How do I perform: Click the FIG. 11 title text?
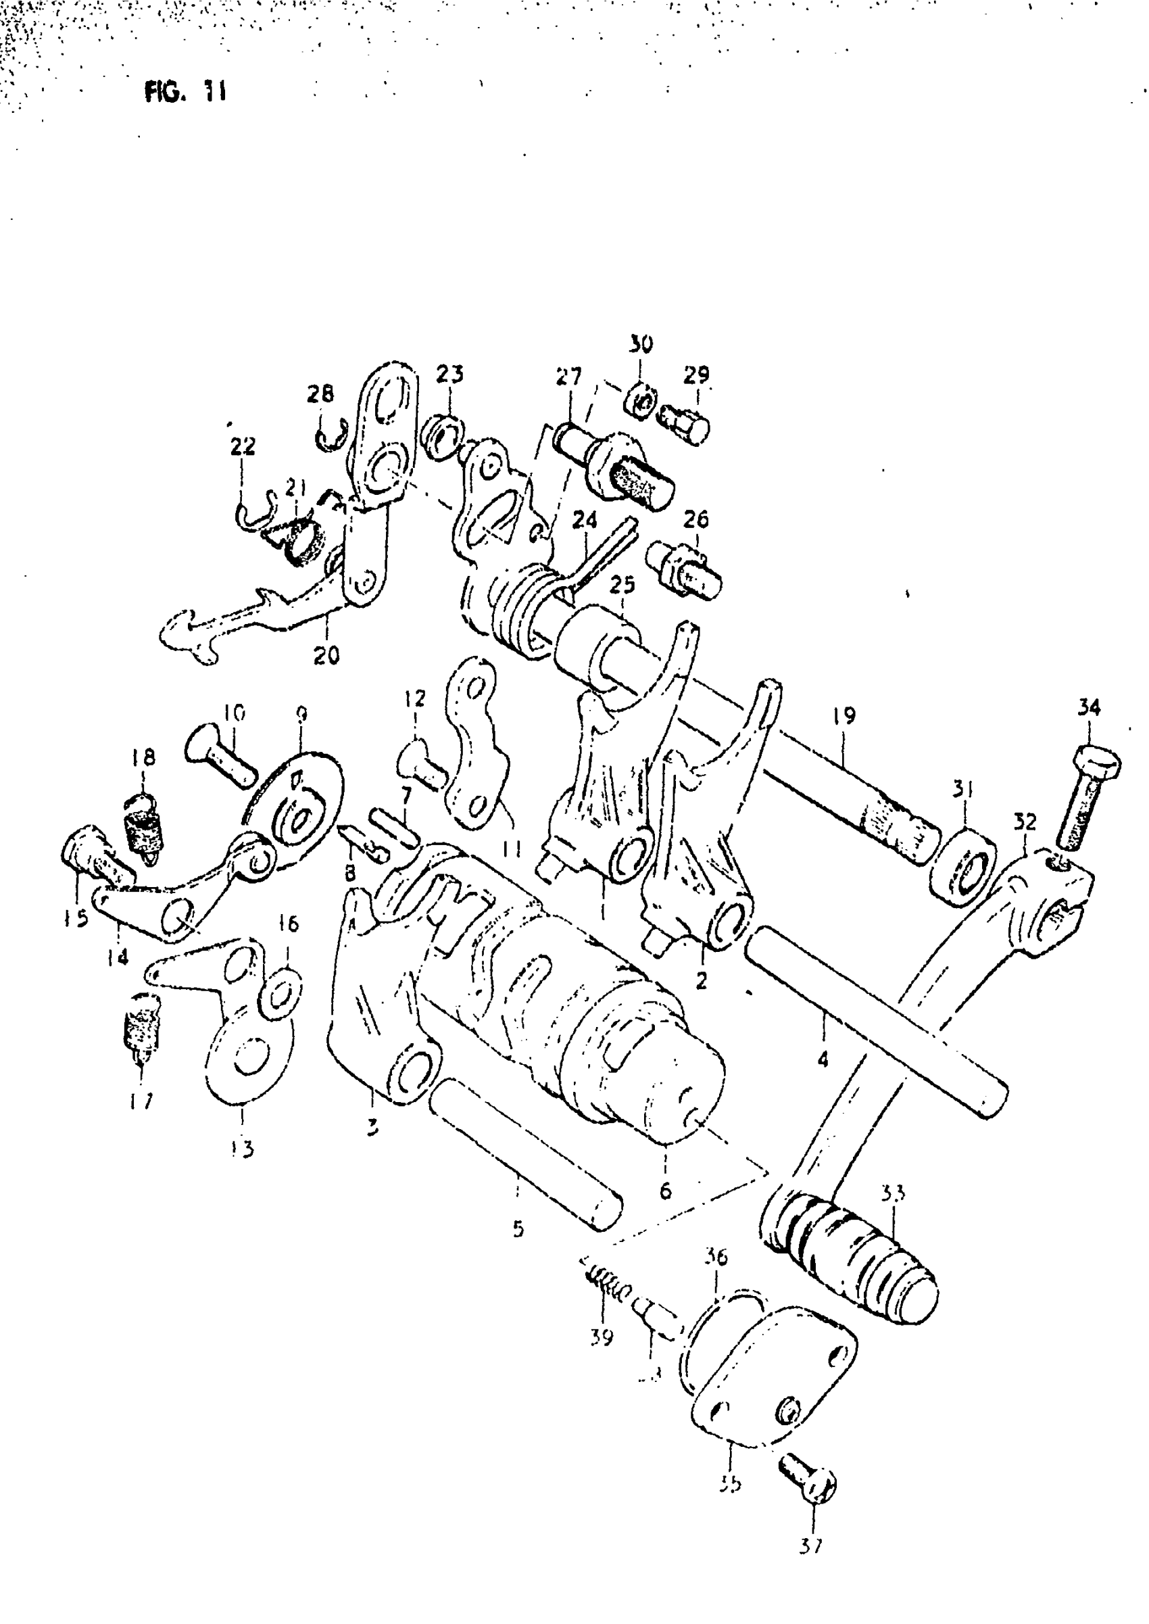coord(185,92)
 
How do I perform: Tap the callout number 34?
coord(1089,707)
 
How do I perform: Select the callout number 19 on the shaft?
coord(844,715)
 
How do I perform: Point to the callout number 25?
coord(622,586)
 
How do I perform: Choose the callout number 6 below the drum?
coord(665,1191)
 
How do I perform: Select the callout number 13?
coord(242,1149)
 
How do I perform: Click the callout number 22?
coord(243,447)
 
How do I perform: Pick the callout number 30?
coord(640,345)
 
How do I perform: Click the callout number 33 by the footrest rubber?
coord(893,1194)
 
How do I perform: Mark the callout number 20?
coord(326,655)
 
